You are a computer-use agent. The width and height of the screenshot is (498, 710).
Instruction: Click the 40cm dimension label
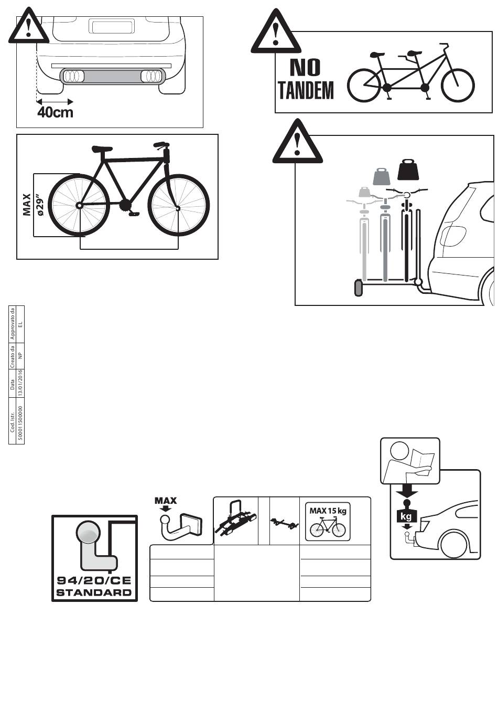tap(56, 112)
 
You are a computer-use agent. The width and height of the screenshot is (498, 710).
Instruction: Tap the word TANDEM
tap(306, 90)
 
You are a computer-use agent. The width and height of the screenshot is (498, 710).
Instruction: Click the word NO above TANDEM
tap(305, 68)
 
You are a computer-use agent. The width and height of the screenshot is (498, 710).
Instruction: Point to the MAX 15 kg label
tap(328, 511)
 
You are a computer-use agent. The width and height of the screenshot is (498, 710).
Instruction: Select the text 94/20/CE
tap(94, 581)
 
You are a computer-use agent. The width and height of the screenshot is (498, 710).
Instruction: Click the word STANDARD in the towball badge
tap(94, 592)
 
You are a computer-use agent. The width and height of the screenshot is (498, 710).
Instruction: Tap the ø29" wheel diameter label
tap(41, 205)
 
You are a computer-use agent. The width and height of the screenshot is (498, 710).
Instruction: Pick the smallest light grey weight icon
tap(364, 192)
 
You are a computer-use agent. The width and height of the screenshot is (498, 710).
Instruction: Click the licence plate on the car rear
tap(112, 26)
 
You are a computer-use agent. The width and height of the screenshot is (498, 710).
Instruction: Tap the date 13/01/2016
tap(20, 383)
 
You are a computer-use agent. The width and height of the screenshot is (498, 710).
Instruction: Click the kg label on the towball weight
tap(406, 517)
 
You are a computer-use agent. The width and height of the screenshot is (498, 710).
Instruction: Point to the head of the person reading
tap(400, 452)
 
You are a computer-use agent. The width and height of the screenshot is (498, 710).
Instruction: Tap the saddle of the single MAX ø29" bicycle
tap(102, 149)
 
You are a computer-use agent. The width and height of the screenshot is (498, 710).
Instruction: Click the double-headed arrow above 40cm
tap(55, 101)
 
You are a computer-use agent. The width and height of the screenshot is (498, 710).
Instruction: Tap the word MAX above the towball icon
tap(166, 501)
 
